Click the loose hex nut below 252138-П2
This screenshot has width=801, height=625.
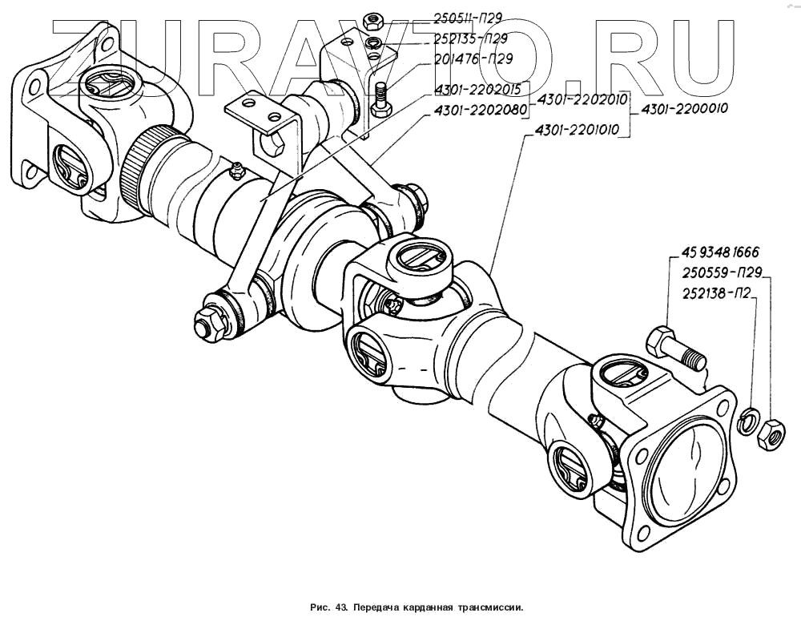771,435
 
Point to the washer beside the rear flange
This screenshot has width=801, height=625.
748,420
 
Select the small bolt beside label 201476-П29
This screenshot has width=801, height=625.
380,99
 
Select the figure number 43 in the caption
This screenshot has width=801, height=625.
340,608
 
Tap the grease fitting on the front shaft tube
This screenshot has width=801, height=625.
235,169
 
